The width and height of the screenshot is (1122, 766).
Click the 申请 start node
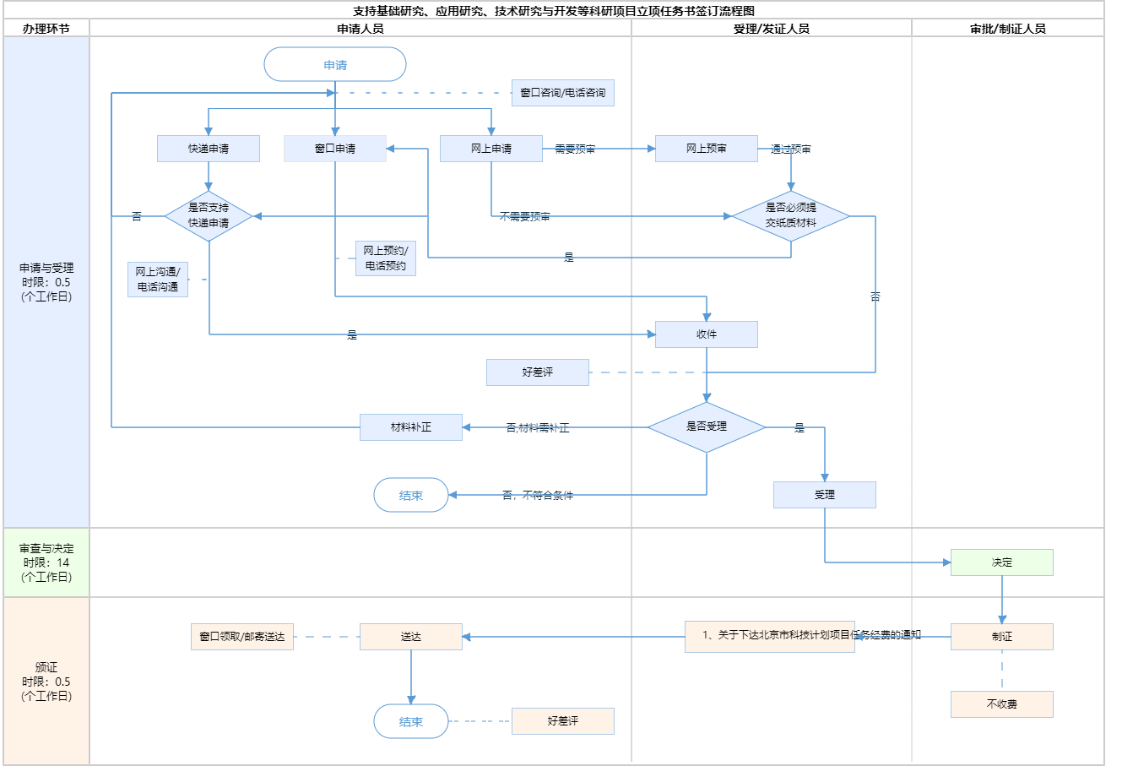[x=335, y=65]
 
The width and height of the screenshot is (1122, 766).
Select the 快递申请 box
[x=209, y=149]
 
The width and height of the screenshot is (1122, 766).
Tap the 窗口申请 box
[x=335, y=149]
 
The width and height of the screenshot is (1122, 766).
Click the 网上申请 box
[x=491, y=149]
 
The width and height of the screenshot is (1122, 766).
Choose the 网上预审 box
[x=707, y=149]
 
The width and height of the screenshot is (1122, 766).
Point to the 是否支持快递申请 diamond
[x=209, y=216]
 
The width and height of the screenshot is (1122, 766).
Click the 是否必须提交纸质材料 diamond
[x=791, y=216]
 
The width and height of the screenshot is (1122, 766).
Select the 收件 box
[x=707, y=334]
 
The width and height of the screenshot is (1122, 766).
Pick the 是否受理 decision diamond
[x=707, y=427]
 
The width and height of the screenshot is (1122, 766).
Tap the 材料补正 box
[x=411, y=427]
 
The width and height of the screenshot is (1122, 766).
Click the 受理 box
[x=825, y=495]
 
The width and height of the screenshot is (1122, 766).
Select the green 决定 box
[x=1002, y=562]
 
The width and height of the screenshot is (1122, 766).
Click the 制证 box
[x=1002, y=637]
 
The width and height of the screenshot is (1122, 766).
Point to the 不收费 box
[x=1002, y=704]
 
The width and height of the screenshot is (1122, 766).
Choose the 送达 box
[x=411, y=637]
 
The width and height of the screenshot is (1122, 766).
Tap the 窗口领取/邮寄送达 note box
[x=242, y=637]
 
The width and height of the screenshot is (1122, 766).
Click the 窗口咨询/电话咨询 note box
[x=563, y=93]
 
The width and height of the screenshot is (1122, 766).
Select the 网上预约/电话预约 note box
[x=386, y=258]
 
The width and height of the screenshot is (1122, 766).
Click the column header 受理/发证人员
[x=772, y=29]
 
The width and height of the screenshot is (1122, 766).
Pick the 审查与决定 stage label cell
[x=47, y=562]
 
